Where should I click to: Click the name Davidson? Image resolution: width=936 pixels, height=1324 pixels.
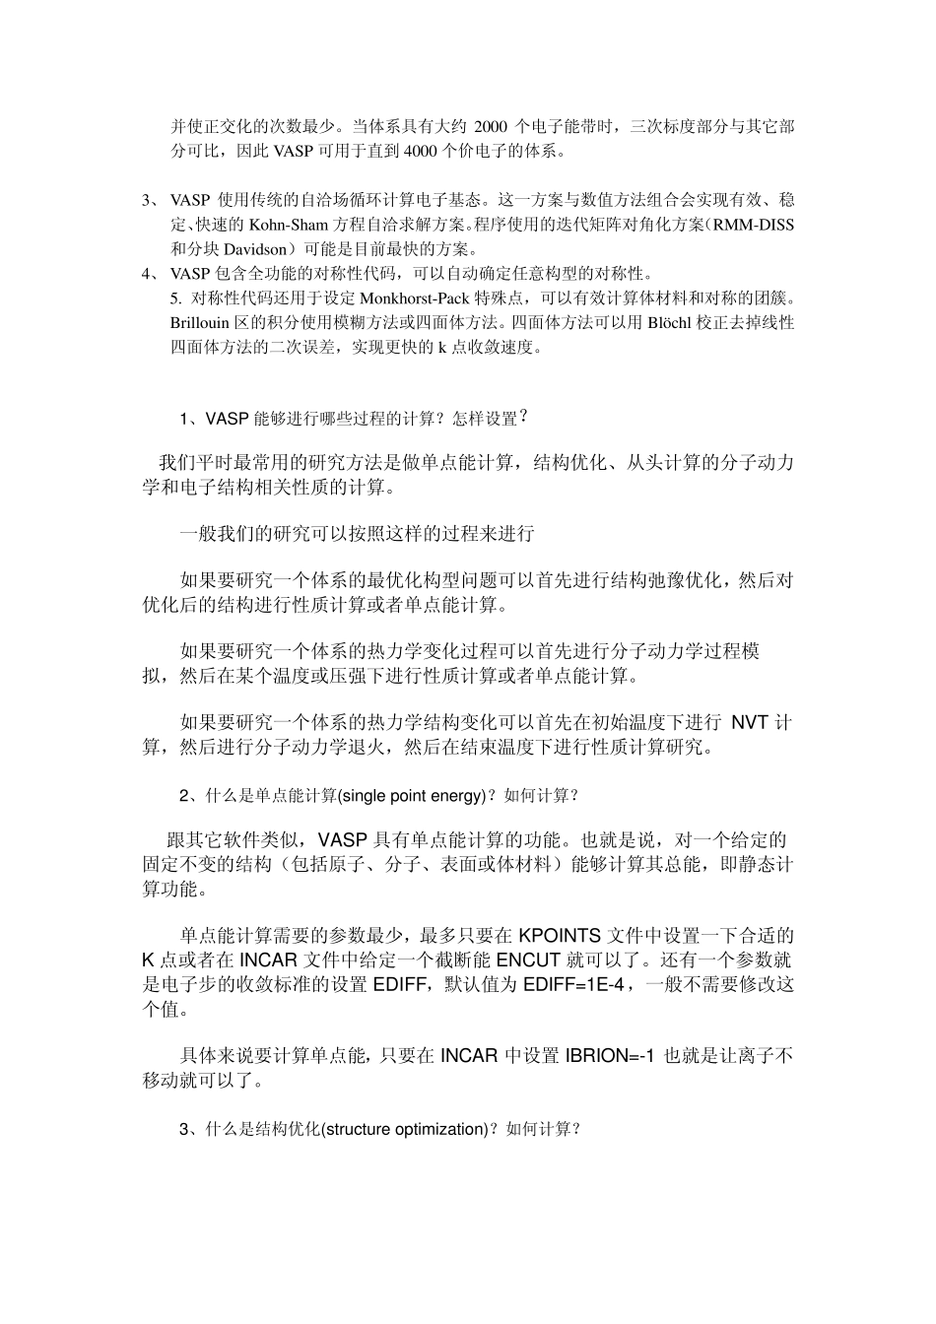tap(246, 248)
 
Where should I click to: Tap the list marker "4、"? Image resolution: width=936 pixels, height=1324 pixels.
tap(151, 273)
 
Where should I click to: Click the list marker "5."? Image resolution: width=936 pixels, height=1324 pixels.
tap(176, 298)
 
